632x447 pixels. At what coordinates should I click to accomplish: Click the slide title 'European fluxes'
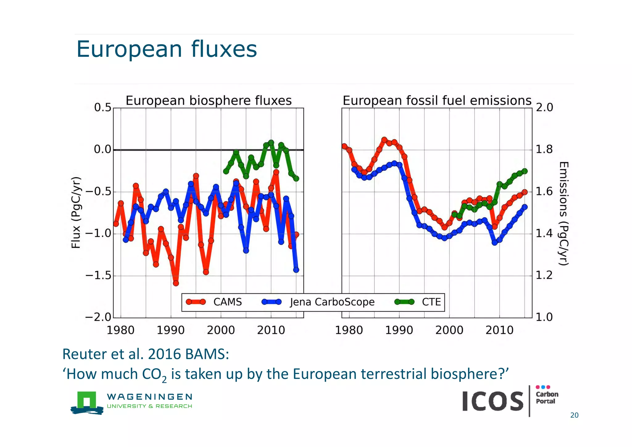167,49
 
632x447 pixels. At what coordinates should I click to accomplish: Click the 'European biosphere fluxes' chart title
209,101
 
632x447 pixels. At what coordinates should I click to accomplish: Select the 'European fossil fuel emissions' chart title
437,101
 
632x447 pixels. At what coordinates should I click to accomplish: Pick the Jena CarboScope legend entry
318,302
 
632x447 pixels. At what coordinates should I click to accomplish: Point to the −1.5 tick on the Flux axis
98,275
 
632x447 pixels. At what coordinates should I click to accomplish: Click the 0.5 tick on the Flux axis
102,108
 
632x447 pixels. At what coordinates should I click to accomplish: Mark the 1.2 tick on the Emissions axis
544,275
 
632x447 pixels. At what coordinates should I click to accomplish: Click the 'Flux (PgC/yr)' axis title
76,212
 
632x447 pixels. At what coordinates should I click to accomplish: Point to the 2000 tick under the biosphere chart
221,330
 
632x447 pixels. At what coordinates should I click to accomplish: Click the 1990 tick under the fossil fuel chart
399,330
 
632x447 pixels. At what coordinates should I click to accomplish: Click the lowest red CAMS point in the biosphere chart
176,283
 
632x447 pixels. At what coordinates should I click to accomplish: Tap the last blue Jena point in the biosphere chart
296,270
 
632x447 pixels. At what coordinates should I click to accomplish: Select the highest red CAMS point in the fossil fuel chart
384,140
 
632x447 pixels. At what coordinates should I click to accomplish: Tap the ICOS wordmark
493,401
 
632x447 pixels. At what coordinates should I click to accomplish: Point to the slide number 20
574,415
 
